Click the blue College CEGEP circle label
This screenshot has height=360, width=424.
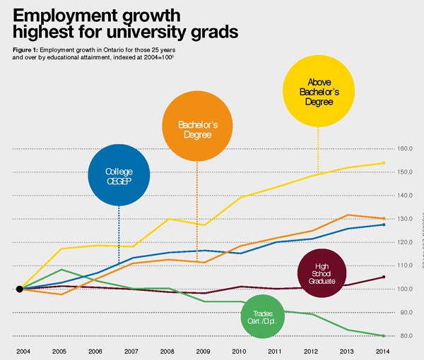click(x=119, y=175)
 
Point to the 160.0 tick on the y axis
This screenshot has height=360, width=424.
click(x=405, y=149)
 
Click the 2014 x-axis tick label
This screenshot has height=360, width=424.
click(x=383, y=350)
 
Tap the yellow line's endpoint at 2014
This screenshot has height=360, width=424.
click(x=383, y=162)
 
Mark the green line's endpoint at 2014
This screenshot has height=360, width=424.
click(x=383, y=335)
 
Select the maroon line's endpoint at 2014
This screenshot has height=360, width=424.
click(x=383, y=277)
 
